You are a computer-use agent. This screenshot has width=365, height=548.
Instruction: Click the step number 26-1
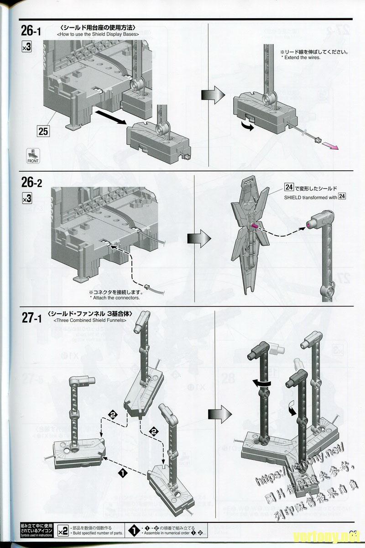pos(31,31)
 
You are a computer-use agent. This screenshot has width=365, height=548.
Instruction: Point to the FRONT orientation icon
pos(30,156)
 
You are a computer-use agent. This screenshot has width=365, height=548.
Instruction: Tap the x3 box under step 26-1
pos(26,47)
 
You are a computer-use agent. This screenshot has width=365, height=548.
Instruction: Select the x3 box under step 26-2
pos(26,198)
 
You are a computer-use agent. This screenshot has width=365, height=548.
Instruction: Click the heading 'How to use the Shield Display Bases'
pos(97,35)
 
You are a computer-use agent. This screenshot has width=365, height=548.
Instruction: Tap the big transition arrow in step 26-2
pos(200,238)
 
